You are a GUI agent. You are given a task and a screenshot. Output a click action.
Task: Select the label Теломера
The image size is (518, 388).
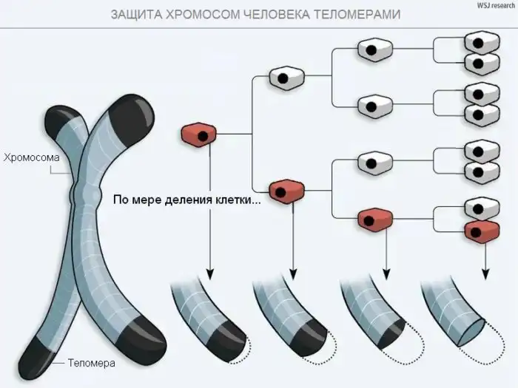coord(91,364)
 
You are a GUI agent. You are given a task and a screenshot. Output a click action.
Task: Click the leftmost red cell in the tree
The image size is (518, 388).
coord(199,134)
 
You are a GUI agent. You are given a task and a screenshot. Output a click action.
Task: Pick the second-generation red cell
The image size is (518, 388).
coord(286,191)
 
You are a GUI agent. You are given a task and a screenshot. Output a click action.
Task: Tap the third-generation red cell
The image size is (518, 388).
coord(374,218)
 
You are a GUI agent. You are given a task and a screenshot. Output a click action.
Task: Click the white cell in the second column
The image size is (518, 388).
coord(286,76)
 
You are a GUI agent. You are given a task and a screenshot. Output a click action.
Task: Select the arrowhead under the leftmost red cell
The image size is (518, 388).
coord(209,274)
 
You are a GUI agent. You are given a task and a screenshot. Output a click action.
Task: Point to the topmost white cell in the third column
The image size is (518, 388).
coord(374,50)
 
